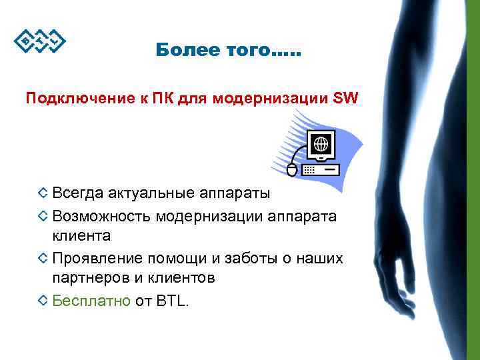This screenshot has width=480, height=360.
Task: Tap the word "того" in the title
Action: pos(239,49)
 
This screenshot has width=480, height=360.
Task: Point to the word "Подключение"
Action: pos(66,100)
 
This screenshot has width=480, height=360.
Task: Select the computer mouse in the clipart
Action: pos(292,169)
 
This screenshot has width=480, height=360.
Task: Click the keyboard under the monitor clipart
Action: pos(321,170)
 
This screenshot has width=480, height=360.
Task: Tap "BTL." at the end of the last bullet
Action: pos(173,301)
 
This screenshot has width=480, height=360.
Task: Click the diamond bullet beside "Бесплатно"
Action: pos(43,301)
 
